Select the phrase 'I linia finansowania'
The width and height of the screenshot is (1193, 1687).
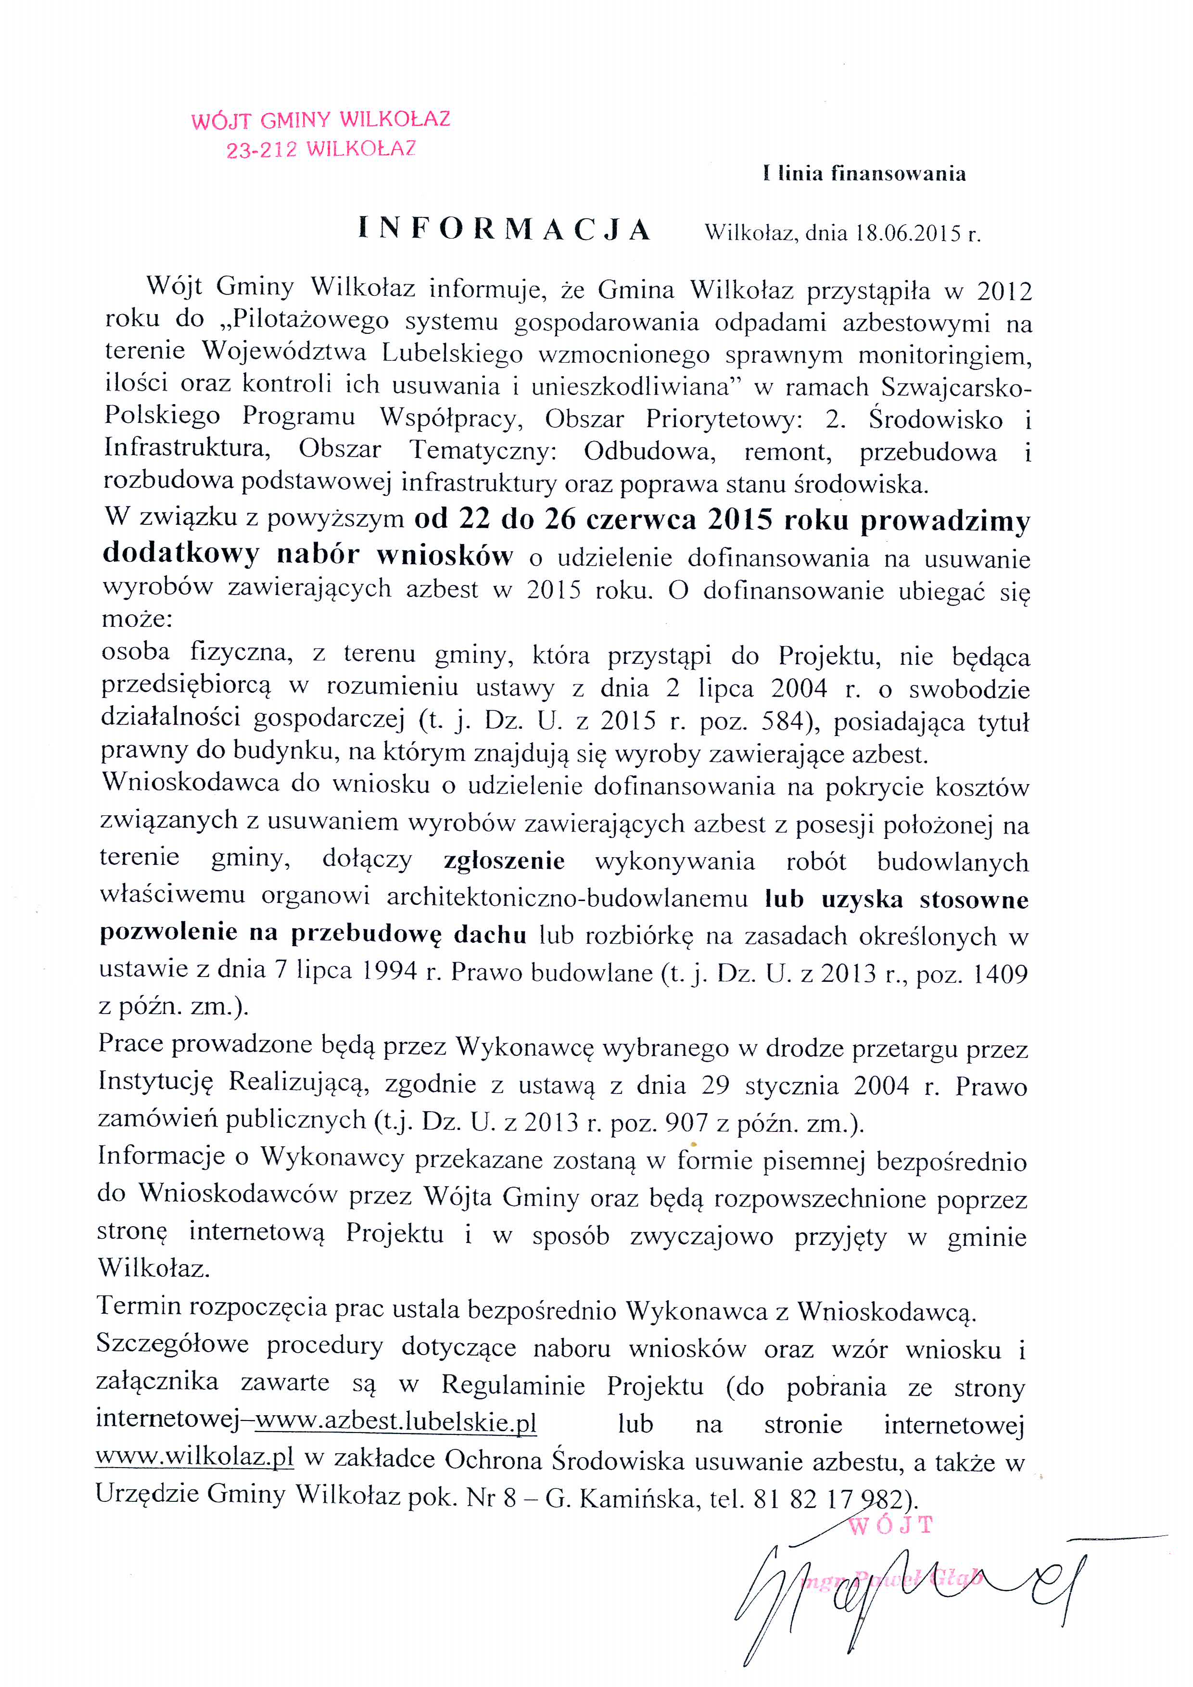coord(864,174)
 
